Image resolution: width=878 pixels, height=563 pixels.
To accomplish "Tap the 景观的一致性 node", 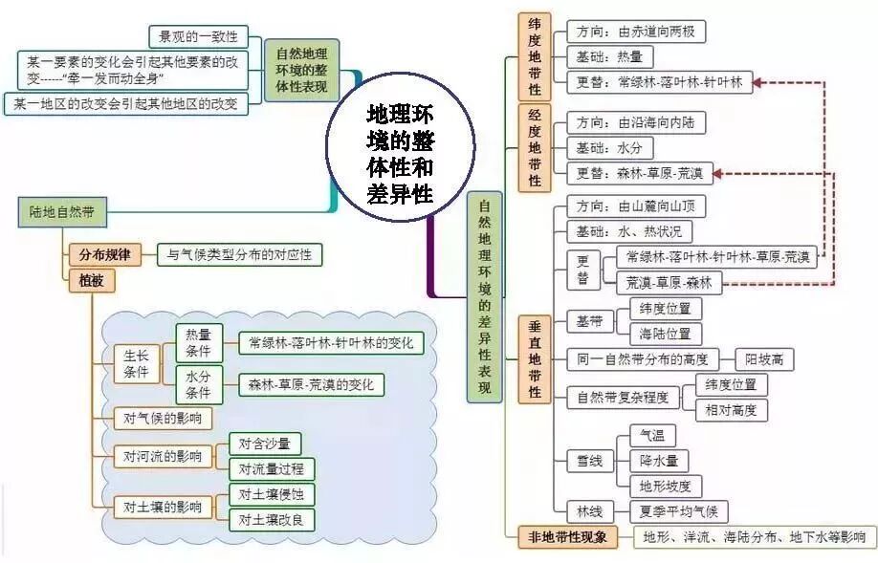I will click(198, 37).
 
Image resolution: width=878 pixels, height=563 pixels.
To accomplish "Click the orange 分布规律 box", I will click(105, 255).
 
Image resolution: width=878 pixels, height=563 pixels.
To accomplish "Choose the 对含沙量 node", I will click(264, 444).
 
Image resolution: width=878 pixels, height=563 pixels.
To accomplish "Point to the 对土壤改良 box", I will click(271, 519).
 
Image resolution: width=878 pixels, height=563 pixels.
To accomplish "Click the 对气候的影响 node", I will click(156, 418).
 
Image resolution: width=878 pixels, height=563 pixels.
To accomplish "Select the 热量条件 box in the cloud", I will click(199, 341).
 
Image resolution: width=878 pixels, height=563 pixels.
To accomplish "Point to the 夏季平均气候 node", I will click(679, 510).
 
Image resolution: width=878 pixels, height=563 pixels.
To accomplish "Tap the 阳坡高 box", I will click(764, 360).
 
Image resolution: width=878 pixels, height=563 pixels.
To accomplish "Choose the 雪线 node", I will click(590, 462).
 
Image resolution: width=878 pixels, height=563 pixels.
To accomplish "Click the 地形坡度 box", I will click(670, 486).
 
